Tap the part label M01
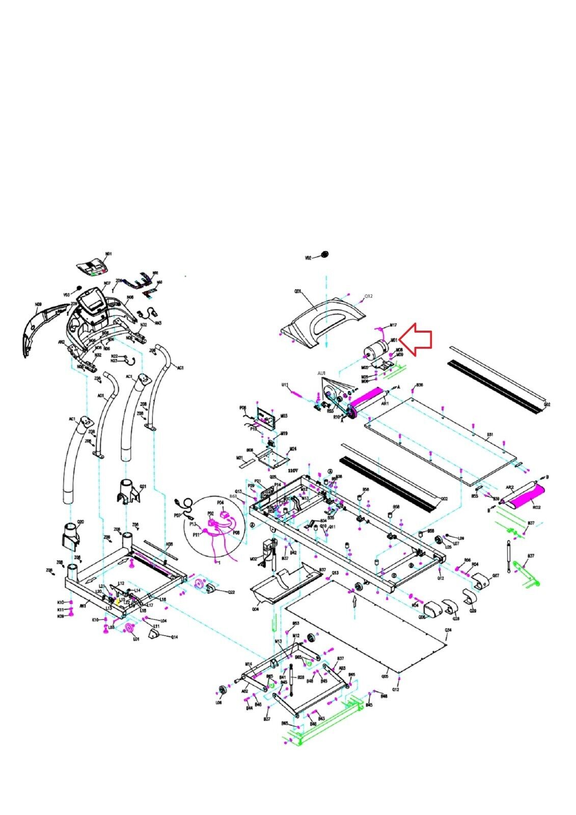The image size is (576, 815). (394, 340)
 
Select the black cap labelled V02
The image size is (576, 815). (324, 255)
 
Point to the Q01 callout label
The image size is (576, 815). (298, 292)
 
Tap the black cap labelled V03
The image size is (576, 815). (79, 288)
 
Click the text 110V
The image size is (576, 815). (293, 471)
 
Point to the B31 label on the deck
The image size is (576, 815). (490, 434)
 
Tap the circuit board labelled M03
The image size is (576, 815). (266, 417)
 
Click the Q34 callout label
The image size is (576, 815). (448, 630)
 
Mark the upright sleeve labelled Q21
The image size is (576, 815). (127, 491)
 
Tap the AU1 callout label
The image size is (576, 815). (321, 373)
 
